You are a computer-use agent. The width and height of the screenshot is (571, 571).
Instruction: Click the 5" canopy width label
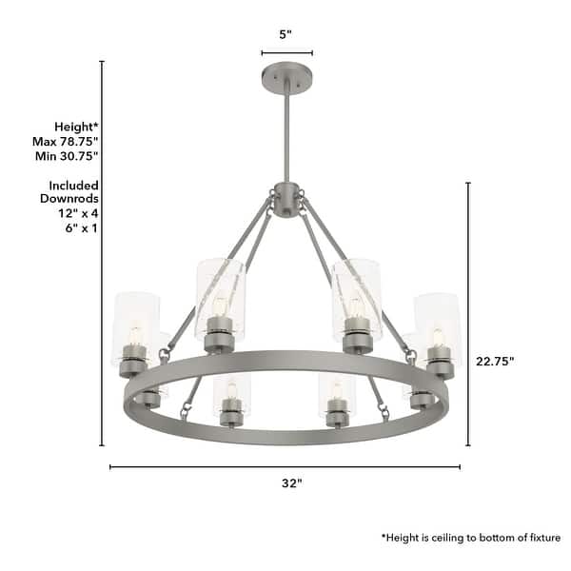tap(285, 34)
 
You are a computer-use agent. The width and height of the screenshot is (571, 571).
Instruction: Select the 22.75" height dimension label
tap(496, 361)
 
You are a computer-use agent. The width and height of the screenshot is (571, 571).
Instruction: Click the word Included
tap(75, 185)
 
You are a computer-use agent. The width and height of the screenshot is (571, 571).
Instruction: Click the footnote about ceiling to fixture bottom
tap(471, 538)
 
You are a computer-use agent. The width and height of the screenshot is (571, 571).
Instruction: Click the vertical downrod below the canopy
tap(285, 133)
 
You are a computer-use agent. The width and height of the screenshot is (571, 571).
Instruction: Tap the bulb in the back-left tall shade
tap(219, 306)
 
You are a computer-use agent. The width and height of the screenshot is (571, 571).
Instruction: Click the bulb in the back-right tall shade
tap(356, 306)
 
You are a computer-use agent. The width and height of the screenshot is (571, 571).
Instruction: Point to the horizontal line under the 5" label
tap(286, 53)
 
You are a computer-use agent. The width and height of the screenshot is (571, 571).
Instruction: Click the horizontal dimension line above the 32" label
tap(285, 466)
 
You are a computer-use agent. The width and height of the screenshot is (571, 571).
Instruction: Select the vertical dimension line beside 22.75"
tap(467, 314)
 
